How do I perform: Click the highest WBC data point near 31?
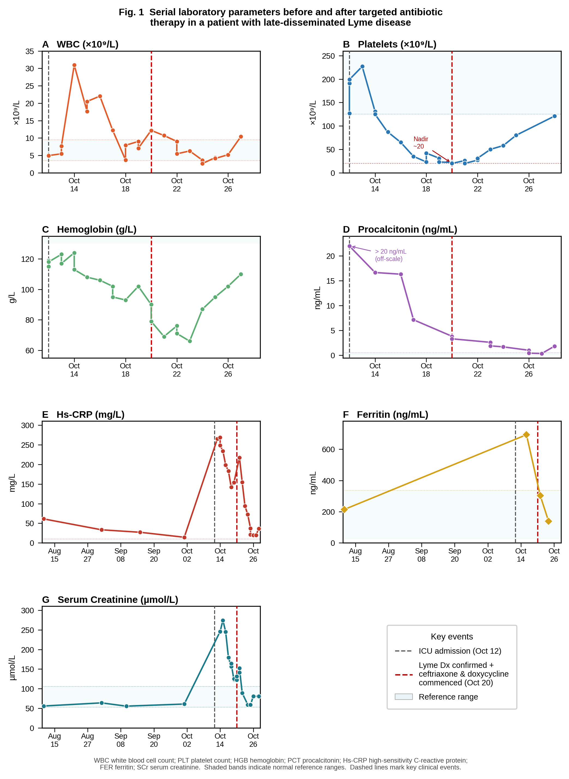[x=74, y=65]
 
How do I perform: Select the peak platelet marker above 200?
[x=362, y=66]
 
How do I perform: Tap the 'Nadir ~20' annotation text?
[x=420, y=143]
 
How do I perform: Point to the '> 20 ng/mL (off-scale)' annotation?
[x=391, y=255]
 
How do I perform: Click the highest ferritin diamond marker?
[x=526, y=435]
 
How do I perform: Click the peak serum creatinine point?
[x=223, y=621]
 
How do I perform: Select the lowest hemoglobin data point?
[x=190, y=341]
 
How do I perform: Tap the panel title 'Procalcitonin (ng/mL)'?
[x=407, y=229]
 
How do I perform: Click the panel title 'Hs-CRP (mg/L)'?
[x=91, y=415]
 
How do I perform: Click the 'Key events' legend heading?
[x=452, y=636]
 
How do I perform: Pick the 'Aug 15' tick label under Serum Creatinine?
[x=54, y=740]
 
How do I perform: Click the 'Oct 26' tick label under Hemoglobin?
[x=228, y=370]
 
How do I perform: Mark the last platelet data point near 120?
[x=555, y=116]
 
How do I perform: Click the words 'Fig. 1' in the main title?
[x=131, y=12]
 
